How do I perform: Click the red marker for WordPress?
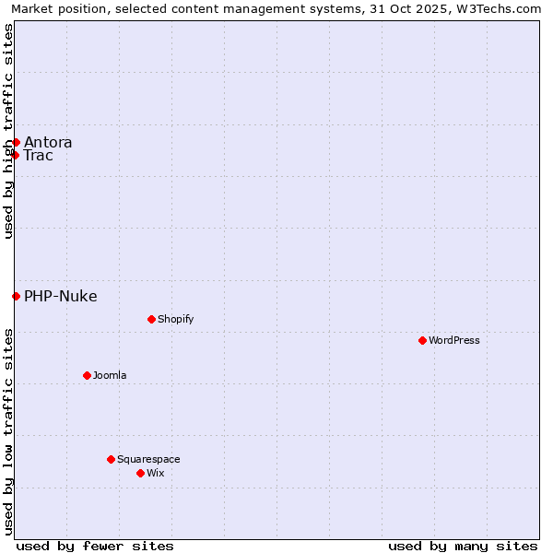coord(423,340)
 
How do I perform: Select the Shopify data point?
coord(151,319)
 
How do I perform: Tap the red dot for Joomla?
coord(88,375)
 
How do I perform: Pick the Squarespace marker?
coord(111,459)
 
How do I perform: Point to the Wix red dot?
coord(140,473)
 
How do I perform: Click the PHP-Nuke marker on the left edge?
coord(16,296)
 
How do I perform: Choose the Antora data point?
coord(16,142)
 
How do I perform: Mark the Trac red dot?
coord(16,155)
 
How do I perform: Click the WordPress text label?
coord(454,340)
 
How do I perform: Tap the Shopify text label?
coord(175,319)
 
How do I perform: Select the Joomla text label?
coord(110,375)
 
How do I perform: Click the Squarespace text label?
coord(148,459)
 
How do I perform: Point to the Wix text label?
coord(155,473)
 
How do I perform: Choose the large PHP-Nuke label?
coord(61,296)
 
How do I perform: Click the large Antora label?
coord(48,142)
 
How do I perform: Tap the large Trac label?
coord(39,155)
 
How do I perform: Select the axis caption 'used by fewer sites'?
coord(95,546)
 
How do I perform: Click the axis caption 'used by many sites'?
coord(463,546)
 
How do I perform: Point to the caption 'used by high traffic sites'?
coord(8,131)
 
